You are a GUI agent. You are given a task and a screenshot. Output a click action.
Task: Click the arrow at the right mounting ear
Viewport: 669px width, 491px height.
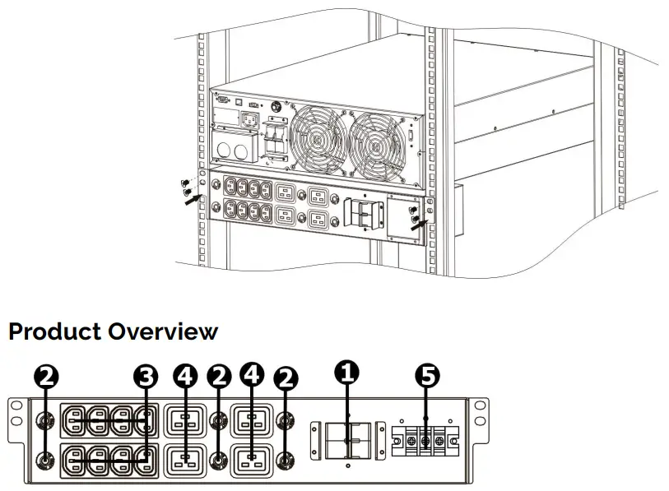click(419, 224)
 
